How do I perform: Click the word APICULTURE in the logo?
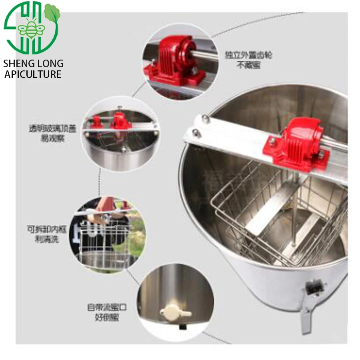tap(33, 74)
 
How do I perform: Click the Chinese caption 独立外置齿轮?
tap(245, 55)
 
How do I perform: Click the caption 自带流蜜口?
tap(107, 308)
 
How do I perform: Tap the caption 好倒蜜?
tap(107, 318)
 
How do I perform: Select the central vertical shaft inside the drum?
tap(294, 224)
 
